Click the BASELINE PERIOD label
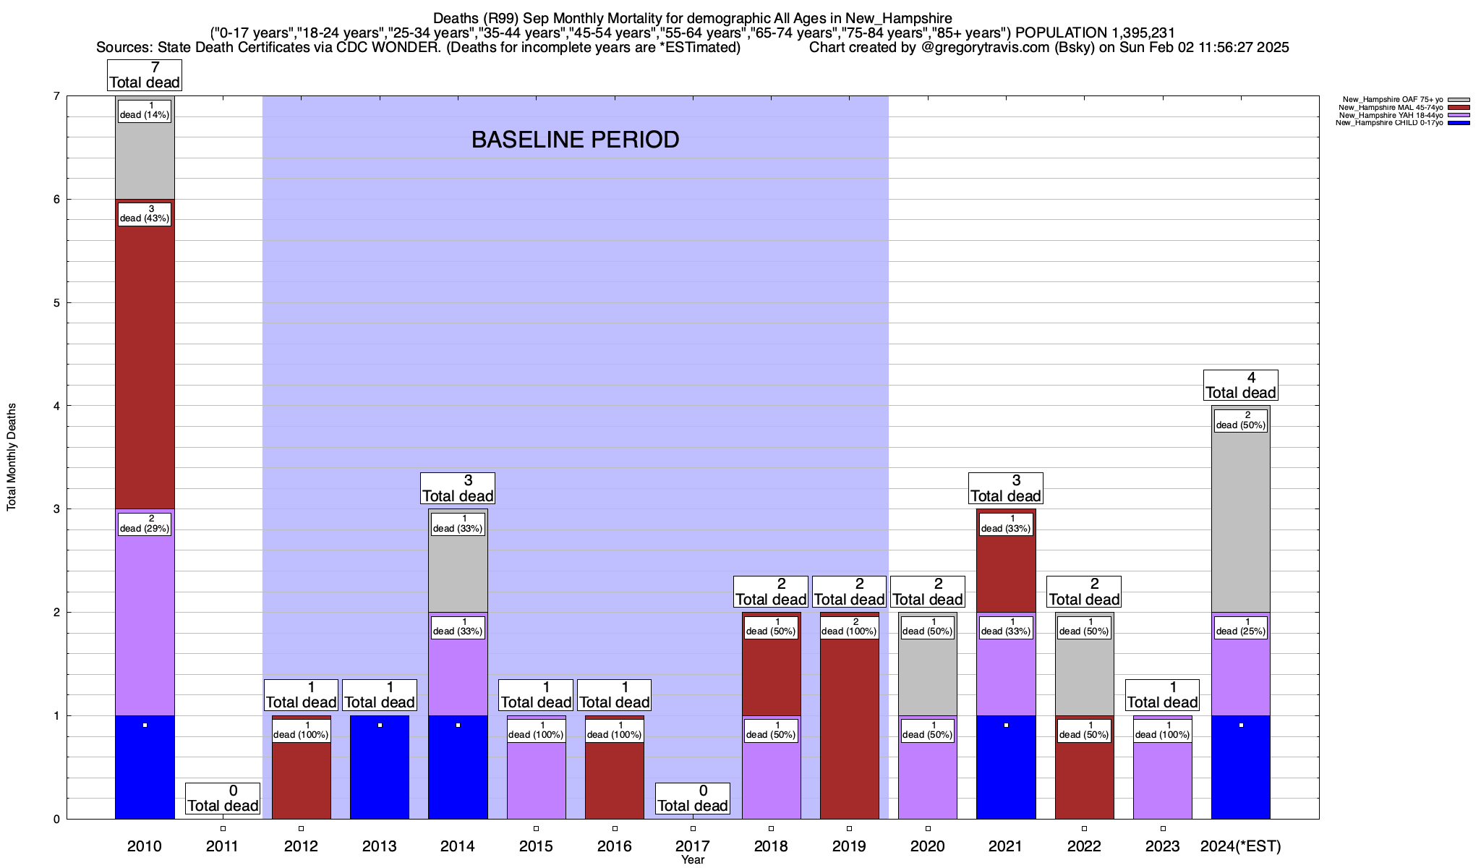[575, 140]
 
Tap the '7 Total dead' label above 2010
[145, 75]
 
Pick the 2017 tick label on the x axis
[692, 846]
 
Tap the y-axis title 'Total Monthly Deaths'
[12, 457]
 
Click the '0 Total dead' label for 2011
[223, 799]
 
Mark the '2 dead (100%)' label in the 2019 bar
[849, 626]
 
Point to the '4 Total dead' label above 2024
[1241, 386]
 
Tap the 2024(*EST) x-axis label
[1241, 846]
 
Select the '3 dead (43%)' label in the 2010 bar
[145, 214]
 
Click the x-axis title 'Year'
[692, 860]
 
